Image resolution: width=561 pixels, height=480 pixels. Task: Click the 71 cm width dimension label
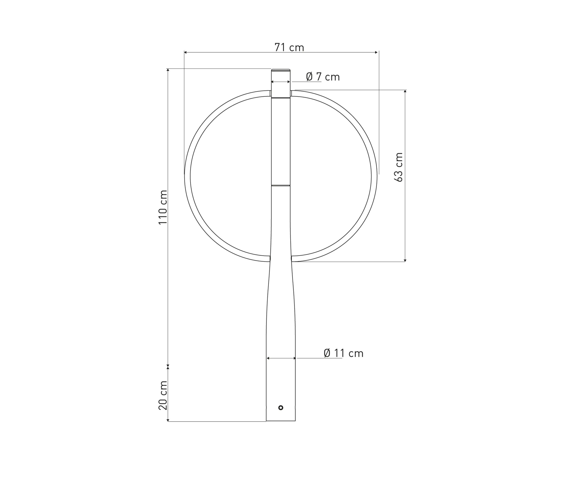[289, 47]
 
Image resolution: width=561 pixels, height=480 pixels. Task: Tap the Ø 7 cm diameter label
[323, 77]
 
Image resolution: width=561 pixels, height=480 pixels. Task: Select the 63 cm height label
[398, 167]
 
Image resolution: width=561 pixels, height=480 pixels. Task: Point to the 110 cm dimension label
[163, 207]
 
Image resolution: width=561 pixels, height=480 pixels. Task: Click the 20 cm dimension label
[163, 395]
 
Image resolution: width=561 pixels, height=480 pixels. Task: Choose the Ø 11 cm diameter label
[343, 353]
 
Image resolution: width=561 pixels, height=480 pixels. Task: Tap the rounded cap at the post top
[281, 70]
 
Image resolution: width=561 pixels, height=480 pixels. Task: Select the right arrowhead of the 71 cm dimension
[376, 52]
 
